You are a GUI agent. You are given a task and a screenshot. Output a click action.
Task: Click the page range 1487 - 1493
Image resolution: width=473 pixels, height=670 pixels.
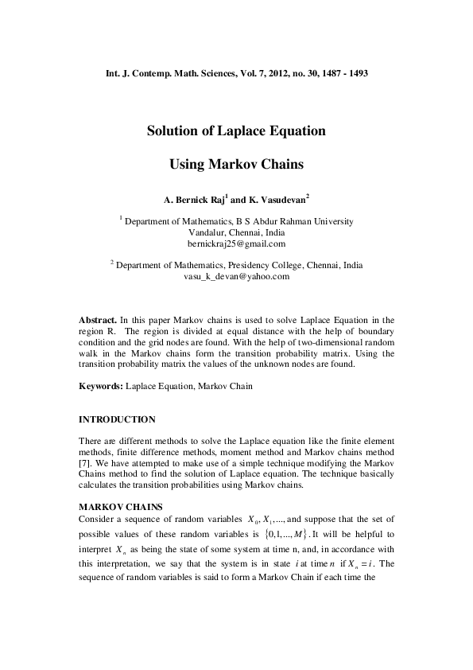pyautogui.click(x=340, y=73)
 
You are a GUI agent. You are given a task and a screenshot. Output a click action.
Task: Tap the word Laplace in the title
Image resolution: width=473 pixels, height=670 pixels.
pyautogui.click(x=238, y=131)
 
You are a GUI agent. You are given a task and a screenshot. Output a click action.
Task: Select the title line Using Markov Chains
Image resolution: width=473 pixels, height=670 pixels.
pyautogui.click(x=237, y=166)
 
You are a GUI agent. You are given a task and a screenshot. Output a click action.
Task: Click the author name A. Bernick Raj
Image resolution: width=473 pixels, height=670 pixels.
pyautogui.click(x=193, y=199)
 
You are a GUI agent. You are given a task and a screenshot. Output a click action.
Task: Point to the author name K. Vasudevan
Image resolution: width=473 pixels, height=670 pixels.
pyautogui.click(x=274, y=199)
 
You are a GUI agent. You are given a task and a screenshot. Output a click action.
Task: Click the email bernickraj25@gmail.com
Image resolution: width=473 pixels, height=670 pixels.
pyautogui.click(x=236, y=243)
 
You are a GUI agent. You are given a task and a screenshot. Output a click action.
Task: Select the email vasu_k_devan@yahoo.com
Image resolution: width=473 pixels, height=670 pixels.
pyautogui.click(x=236, y=277)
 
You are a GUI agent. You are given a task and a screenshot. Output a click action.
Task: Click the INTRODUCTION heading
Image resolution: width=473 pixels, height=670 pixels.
pyautogui.click(x=118, y=419)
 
